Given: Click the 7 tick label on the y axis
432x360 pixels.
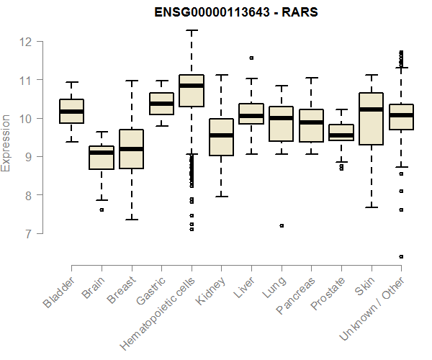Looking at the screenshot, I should tap(27, 233).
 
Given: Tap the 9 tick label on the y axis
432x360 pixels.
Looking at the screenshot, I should tap(27, 156).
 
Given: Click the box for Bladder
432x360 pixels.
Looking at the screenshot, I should tap(72, 112).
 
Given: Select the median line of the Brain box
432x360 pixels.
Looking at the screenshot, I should tap(102, 153).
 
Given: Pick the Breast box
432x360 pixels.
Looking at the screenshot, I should tap(132, 149).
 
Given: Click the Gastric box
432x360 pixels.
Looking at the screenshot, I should tap(161, 104).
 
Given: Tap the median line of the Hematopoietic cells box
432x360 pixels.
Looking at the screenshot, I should tap(192, 86).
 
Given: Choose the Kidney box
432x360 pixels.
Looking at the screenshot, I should tap(221, 137).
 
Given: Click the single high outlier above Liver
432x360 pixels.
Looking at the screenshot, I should tap(251, 58).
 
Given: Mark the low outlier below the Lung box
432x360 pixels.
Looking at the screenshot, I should tap(282, 225).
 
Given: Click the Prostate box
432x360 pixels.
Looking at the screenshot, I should tap(341, 132).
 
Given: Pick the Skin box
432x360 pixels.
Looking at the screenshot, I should tap(371, 119).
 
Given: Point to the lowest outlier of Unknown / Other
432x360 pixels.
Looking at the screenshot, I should tap(401, 256).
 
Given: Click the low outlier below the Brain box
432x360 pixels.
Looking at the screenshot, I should tap(102, 210).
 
